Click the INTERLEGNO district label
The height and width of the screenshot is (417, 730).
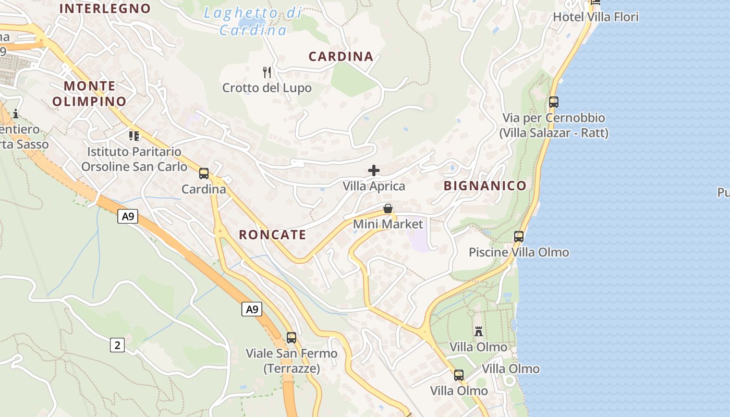tap(105, 8)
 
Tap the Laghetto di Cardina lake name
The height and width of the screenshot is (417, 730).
tap(253, 21)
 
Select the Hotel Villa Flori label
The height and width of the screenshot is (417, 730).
tap(595, 17)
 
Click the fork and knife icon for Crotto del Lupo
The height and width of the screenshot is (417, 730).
tap(267, 72)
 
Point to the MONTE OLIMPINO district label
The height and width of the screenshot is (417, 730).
tap(90, 93)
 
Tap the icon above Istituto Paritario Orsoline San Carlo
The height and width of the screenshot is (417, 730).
tap(134, 136)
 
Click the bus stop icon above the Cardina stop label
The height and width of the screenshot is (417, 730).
tap(204, 174)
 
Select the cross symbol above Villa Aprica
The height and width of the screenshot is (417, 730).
tap(374, 170)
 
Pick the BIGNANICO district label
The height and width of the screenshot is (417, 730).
tap(485, 186)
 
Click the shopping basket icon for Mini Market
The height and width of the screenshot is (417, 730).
tap(388, 209)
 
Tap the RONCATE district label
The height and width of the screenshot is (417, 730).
tap(272, 235)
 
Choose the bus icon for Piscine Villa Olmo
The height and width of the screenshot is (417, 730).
tap(519, 237)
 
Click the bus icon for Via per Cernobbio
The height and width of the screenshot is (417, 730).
tap(554, 102)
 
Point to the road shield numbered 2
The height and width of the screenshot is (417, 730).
tap(117, 345)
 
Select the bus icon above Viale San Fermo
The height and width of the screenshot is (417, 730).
tap(291, 338)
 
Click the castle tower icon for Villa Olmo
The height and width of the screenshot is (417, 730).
tap(478, 331)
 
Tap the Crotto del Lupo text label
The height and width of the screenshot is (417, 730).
tap(267, 88)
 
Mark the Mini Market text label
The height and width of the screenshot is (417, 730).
tap(388, 224)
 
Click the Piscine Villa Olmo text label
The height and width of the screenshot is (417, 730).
tap(519, 252)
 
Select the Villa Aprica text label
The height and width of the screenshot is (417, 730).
tap(374, 186)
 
